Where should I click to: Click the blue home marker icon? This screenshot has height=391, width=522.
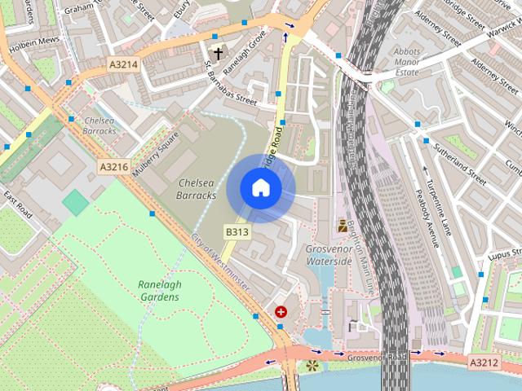coord(260,188)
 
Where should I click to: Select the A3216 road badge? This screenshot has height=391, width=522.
coord(114,167)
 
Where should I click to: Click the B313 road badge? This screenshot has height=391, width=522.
coord(237,232)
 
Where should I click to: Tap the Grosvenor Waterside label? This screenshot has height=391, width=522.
coord(328,255)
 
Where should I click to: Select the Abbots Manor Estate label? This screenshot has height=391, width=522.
coord(406,61)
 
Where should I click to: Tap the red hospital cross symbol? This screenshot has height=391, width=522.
coord(281,311)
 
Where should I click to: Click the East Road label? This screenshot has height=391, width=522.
coord(17,204)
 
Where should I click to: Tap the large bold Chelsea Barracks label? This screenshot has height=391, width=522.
coord(197,189)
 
